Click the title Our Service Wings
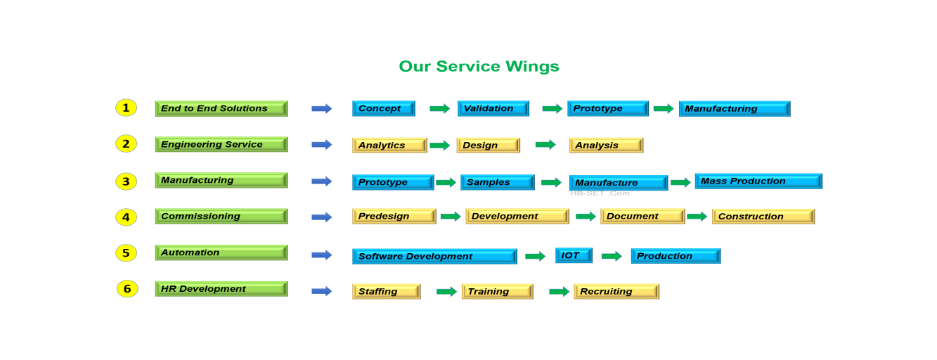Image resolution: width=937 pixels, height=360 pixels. (x=479, y=67)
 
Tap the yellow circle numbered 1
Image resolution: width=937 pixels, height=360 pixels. (x=126, y=108)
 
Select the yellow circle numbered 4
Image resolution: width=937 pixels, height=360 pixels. (x=126, y=217)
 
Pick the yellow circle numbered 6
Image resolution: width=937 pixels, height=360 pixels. (x=127, y=289)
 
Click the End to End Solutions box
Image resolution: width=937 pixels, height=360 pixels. (x=221, y=108)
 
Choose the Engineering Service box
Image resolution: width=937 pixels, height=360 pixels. (x=221, y=144)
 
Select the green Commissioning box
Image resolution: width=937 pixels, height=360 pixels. (x=221, y=217)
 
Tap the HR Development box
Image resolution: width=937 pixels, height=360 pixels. (x=221, y=289)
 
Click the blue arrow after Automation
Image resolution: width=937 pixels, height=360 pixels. (x=321, y=255)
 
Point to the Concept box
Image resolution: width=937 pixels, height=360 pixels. (x=383, y=108)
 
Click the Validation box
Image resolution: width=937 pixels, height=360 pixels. (x=493, y=108)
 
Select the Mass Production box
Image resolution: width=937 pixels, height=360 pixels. (x=758, y=181)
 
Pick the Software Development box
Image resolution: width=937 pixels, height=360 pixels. (x=434, y=256)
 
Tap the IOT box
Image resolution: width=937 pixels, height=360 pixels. (x=573, y=255)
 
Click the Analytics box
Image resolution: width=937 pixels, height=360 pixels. (x=389, y=145)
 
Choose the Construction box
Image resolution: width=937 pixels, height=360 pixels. (x=763, y=217)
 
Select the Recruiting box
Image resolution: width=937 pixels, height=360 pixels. (x=616, y=291)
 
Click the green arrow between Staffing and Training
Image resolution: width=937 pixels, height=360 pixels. (x=446, y=291)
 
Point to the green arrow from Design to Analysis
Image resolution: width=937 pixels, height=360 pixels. (x=545, y=144)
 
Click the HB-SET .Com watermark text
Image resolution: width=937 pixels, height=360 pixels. (x=599, y=193)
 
